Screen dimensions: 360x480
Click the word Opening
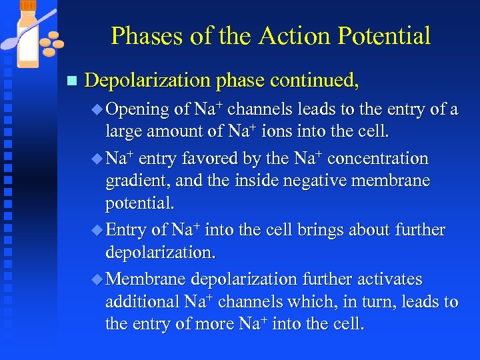[138, 109]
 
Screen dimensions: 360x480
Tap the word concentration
[378, 159]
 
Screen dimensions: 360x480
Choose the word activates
[390, 279]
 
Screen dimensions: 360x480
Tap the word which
[313, 301]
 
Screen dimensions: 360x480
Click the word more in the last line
[227, 324]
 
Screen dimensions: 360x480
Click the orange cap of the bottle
[29, 5]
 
